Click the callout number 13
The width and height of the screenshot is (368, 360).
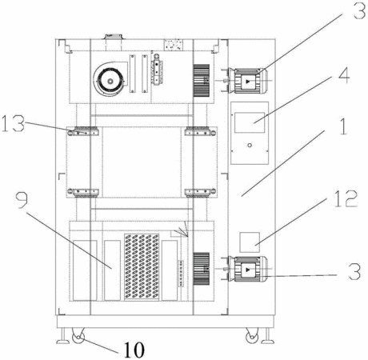tap(13, 123)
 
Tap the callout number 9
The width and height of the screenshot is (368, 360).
tap(22, 200)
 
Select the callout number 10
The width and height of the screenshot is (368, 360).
tap(134, 350)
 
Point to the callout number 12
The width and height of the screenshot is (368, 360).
tap(346, 199)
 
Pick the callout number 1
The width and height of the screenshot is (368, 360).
tap(343, 126)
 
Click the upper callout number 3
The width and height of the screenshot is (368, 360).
tap(359, 10)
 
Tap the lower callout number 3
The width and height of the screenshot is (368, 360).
tap(354, 271)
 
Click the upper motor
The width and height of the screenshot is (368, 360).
tap(250, 81)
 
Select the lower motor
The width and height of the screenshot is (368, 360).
tap(250, 269)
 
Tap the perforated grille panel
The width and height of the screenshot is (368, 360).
tap(142, 267)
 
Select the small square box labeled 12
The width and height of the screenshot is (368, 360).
tap(250, 242)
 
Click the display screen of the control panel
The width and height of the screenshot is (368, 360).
tap(250, 122)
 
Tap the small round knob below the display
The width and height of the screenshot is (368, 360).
tap(250, 146)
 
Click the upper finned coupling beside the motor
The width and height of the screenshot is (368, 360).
tap(201, 81)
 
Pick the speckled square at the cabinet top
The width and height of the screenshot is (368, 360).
tap(174, 44)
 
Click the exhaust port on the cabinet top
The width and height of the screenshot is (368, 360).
tap(114, 42)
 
